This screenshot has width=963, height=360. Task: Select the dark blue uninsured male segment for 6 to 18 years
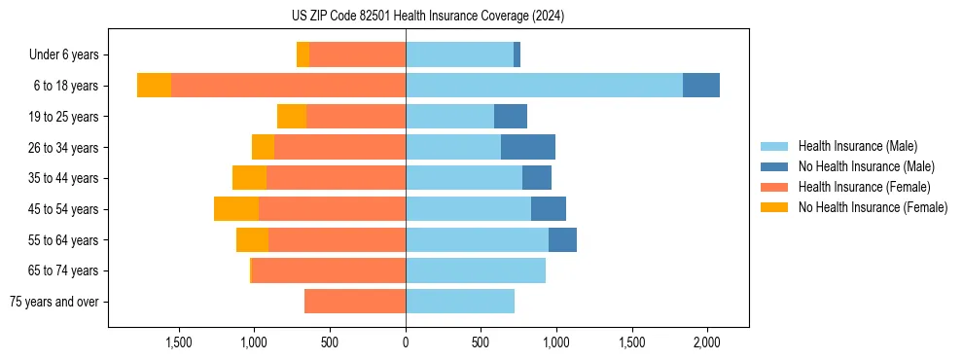700,86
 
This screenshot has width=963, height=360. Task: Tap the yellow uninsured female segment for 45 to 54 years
236,209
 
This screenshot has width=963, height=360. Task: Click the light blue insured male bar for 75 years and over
460,302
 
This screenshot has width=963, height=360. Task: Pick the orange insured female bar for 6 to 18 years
288,86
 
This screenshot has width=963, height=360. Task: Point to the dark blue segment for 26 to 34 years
528,148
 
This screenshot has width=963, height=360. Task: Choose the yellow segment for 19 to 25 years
292,117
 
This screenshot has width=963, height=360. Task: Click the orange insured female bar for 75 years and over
355,302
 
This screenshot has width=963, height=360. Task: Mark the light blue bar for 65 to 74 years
476,270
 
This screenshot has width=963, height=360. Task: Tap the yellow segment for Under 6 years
303,55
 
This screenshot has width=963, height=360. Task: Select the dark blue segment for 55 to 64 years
562,240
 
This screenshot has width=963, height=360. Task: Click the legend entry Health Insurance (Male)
857,146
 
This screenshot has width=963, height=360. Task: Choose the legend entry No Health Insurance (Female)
873,207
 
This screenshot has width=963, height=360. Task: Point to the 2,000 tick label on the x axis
707,342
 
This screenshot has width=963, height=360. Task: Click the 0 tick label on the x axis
406,342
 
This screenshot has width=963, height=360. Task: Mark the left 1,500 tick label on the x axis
179,342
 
